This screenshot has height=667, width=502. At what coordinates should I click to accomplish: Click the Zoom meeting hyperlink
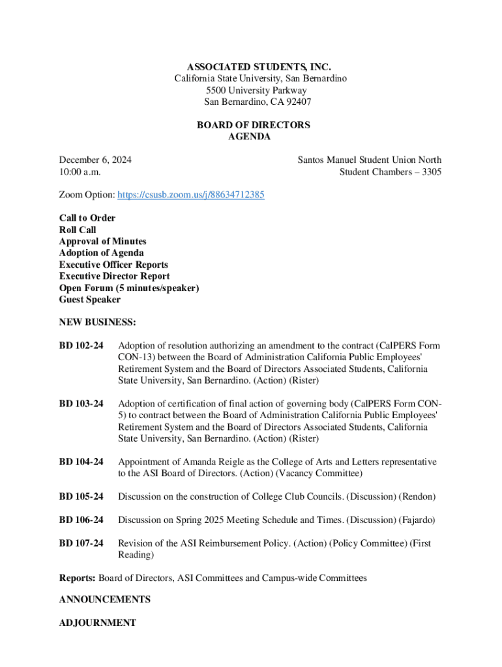pyautogui.click(x=191, y=195)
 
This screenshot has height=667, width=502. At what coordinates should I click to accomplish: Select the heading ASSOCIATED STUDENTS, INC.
pyautogui.click(x=259, y=67)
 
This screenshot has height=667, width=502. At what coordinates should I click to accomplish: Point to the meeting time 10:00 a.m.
pyautogui.click(x=80, y=172)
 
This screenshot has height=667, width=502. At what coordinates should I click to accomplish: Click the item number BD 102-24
pyautogui.click(x=81, y=345)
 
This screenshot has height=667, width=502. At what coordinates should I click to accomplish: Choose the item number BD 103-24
pyautogui.click(x=81, y=404)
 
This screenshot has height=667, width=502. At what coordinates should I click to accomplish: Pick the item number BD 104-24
pyautogui.click(x=81, y=462)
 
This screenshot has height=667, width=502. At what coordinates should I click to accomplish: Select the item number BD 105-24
pyautogui.click(x=81, y=497)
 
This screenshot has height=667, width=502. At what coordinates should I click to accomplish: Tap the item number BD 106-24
pyautogui.click(x=81, y=520)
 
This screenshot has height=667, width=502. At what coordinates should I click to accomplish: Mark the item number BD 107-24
pyautogui.click(x=81, y=543)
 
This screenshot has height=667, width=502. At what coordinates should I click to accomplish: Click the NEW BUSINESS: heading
pyautogui.click(x=97, y=322)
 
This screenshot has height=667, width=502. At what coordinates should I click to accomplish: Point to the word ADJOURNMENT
pyautogui.click(x=97, y=623)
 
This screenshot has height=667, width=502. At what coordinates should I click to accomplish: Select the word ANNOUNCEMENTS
pyautogui.click(x=104, y=599)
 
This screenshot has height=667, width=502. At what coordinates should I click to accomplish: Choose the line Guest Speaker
pyautogui.click(x=89, y=300)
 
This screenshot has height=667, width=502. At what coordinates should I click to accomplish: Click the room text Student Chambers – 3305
pyautogui.click(x=390, y=172)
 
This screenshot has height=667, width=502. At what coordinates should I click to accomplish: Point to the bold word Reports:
pyautogui.click(x=77, y=578)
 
